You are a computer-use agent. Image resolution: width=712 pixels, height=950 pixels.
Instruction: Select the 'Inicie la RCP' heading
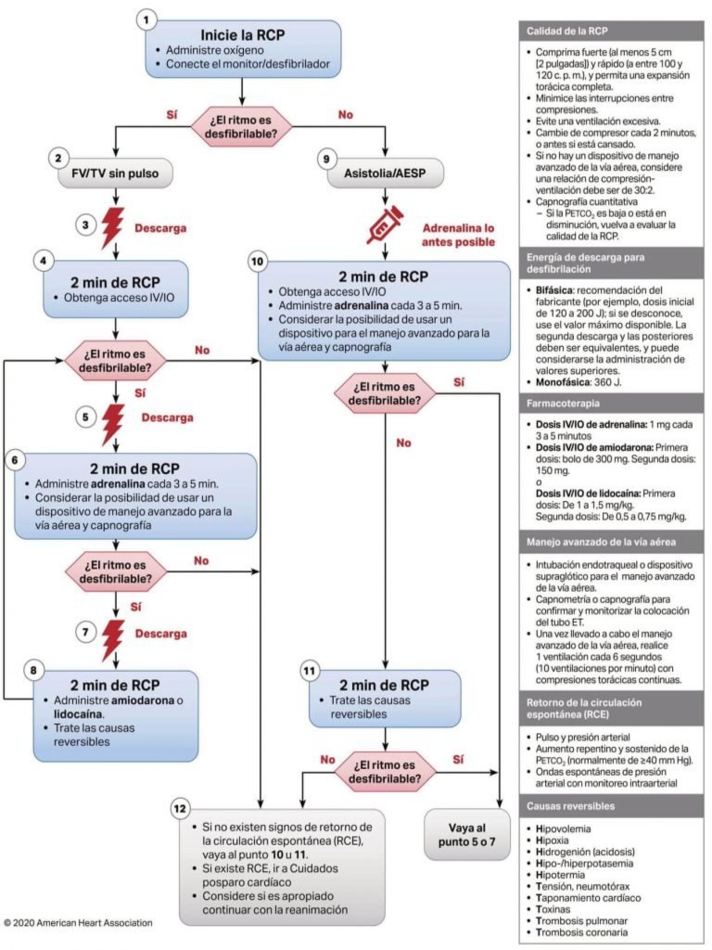click(x=243, y=33)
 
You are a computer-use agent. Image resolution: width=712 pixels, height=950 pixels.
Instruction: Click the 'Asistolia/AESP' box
click(x=384, y=172)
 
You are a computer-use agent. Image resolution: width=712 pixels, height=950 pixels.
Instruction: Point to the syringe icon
click(x=383, y=225)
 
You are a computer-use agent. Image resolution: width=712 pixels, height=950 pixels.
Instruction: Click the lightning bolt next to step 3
click(x=114, y=225)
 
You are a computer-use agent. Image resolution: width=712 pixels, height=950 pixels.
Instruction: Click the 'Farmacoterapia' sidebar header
click(x=562, y=404)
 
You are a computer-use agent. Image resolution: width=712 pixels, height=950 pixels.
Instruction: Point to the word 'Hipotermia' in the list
click(x=568, y=872)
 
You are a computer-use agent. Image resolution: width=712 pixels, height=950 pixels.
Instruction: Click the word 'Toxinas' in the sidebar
click(x=562, y=908)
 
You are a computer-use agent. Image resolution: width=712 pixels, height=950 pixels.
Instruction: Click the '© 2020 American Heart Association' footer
click(x=78, y=923)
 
